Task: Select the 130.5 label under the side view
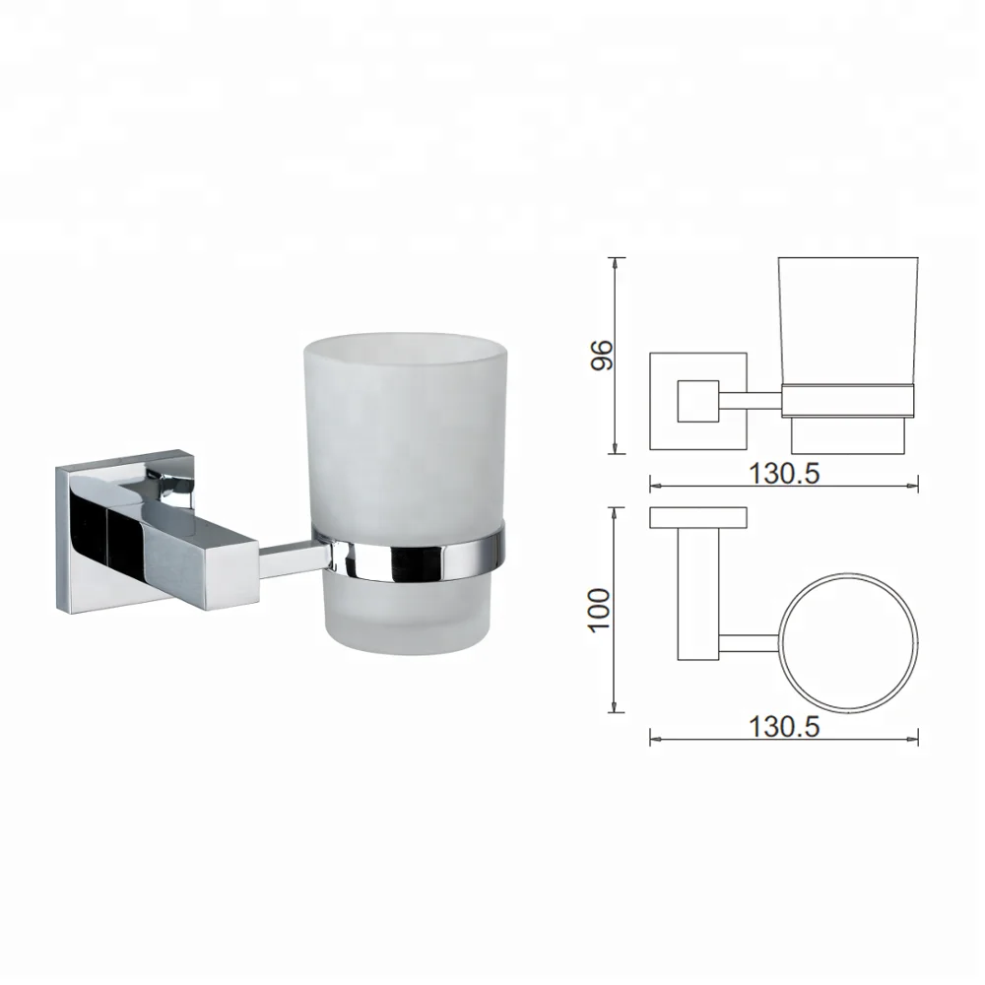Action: [784, 473]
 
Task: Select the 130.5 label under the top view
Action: [784, 728]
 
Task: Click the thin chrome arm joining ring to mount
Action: [291, 558]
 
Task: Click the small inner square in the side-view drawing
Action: [697, 401]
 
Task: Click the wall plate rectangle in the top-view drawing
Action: [697, 517]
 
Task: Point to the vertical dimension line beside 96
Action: [618, 356]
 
